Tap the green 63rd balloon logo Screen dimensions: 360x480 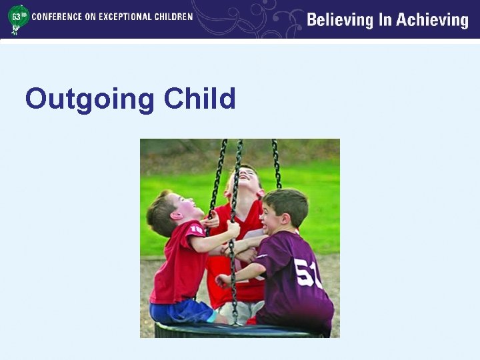(18, 18)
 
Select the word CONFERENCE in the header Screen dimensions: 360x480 (57, 16)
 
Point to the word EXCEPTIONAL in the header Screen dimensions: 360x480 (125, 16)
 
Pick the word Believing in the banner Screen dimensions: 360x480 (340, 20)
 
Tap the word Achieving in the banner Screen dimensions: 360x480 (433, 20)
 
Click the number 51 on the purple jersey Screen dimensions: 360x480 (309, 272)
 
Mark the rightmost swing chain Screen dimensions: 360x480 (276, 163)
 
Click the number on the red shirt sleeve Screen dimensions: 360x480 (196, 230)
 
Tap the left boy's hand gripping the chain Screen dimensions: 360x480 (233, 229)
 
